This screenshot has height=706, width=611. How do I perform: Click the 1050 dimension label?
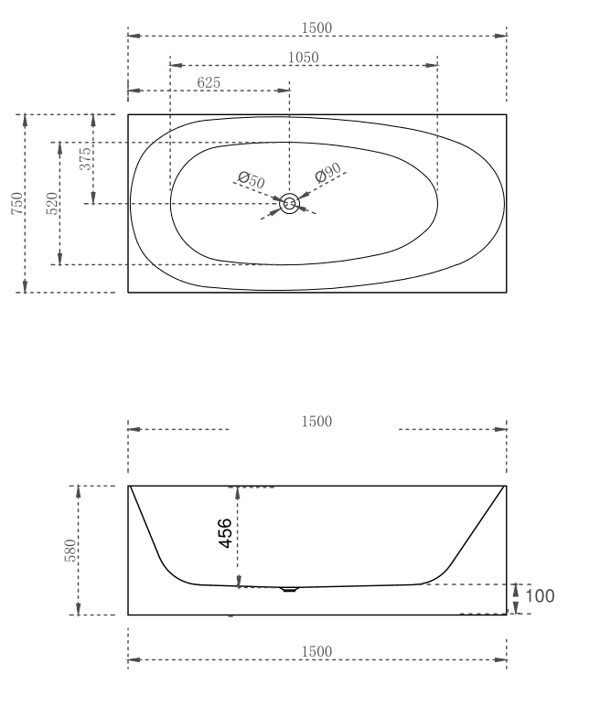[304, 58]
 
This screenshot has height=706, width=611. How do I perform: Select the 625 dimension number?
[209, 82]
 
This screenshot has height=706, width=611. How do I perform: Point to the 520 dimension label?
[52, 203]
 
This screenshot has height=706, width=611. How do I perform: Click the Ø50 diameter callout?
[251, 181]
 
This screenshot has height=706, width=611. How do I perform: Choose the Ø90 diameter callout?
[327, 174]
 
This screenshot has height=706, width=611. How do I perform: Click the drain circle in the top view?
[289, 204]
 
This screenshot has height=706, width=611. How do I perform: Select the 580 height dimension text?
[70, 551]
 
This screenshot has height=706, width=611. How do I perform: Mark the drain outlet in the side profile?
[290, 590]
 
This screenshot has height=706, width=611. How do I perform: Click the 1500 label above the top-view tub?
[316, 27]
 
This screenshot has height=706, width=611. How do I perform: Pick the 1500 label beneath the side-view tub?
[316, 650]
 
